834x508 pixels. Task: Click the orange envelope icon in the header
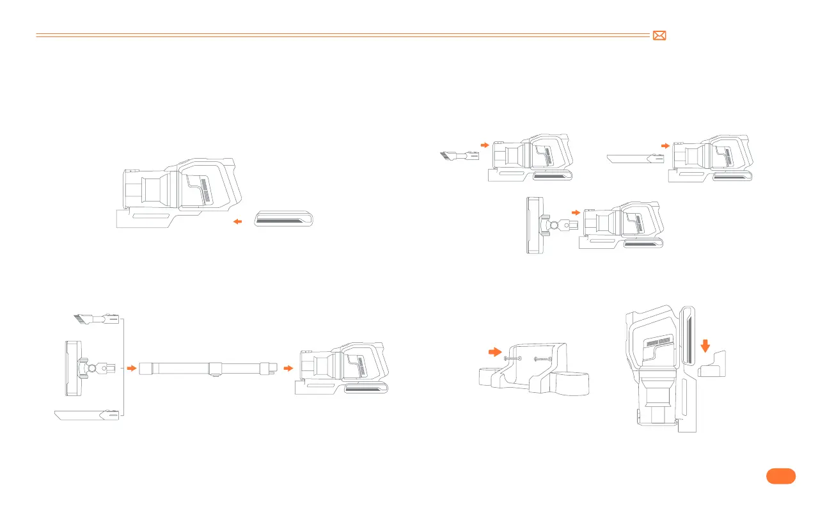[x=659, y=36]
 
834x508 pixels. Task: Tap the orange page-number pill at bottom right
[x=780, y=476]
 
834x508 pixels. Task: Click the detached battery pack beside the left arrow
[x=284, y=219]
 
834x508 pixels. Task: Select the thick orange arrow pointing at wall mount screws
[x=494, y=351]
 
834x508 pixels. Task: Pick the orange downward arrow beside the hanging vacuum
[x=705, y=345]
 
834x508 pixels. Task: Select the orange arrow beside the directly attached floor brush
[x=576, y=212]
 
